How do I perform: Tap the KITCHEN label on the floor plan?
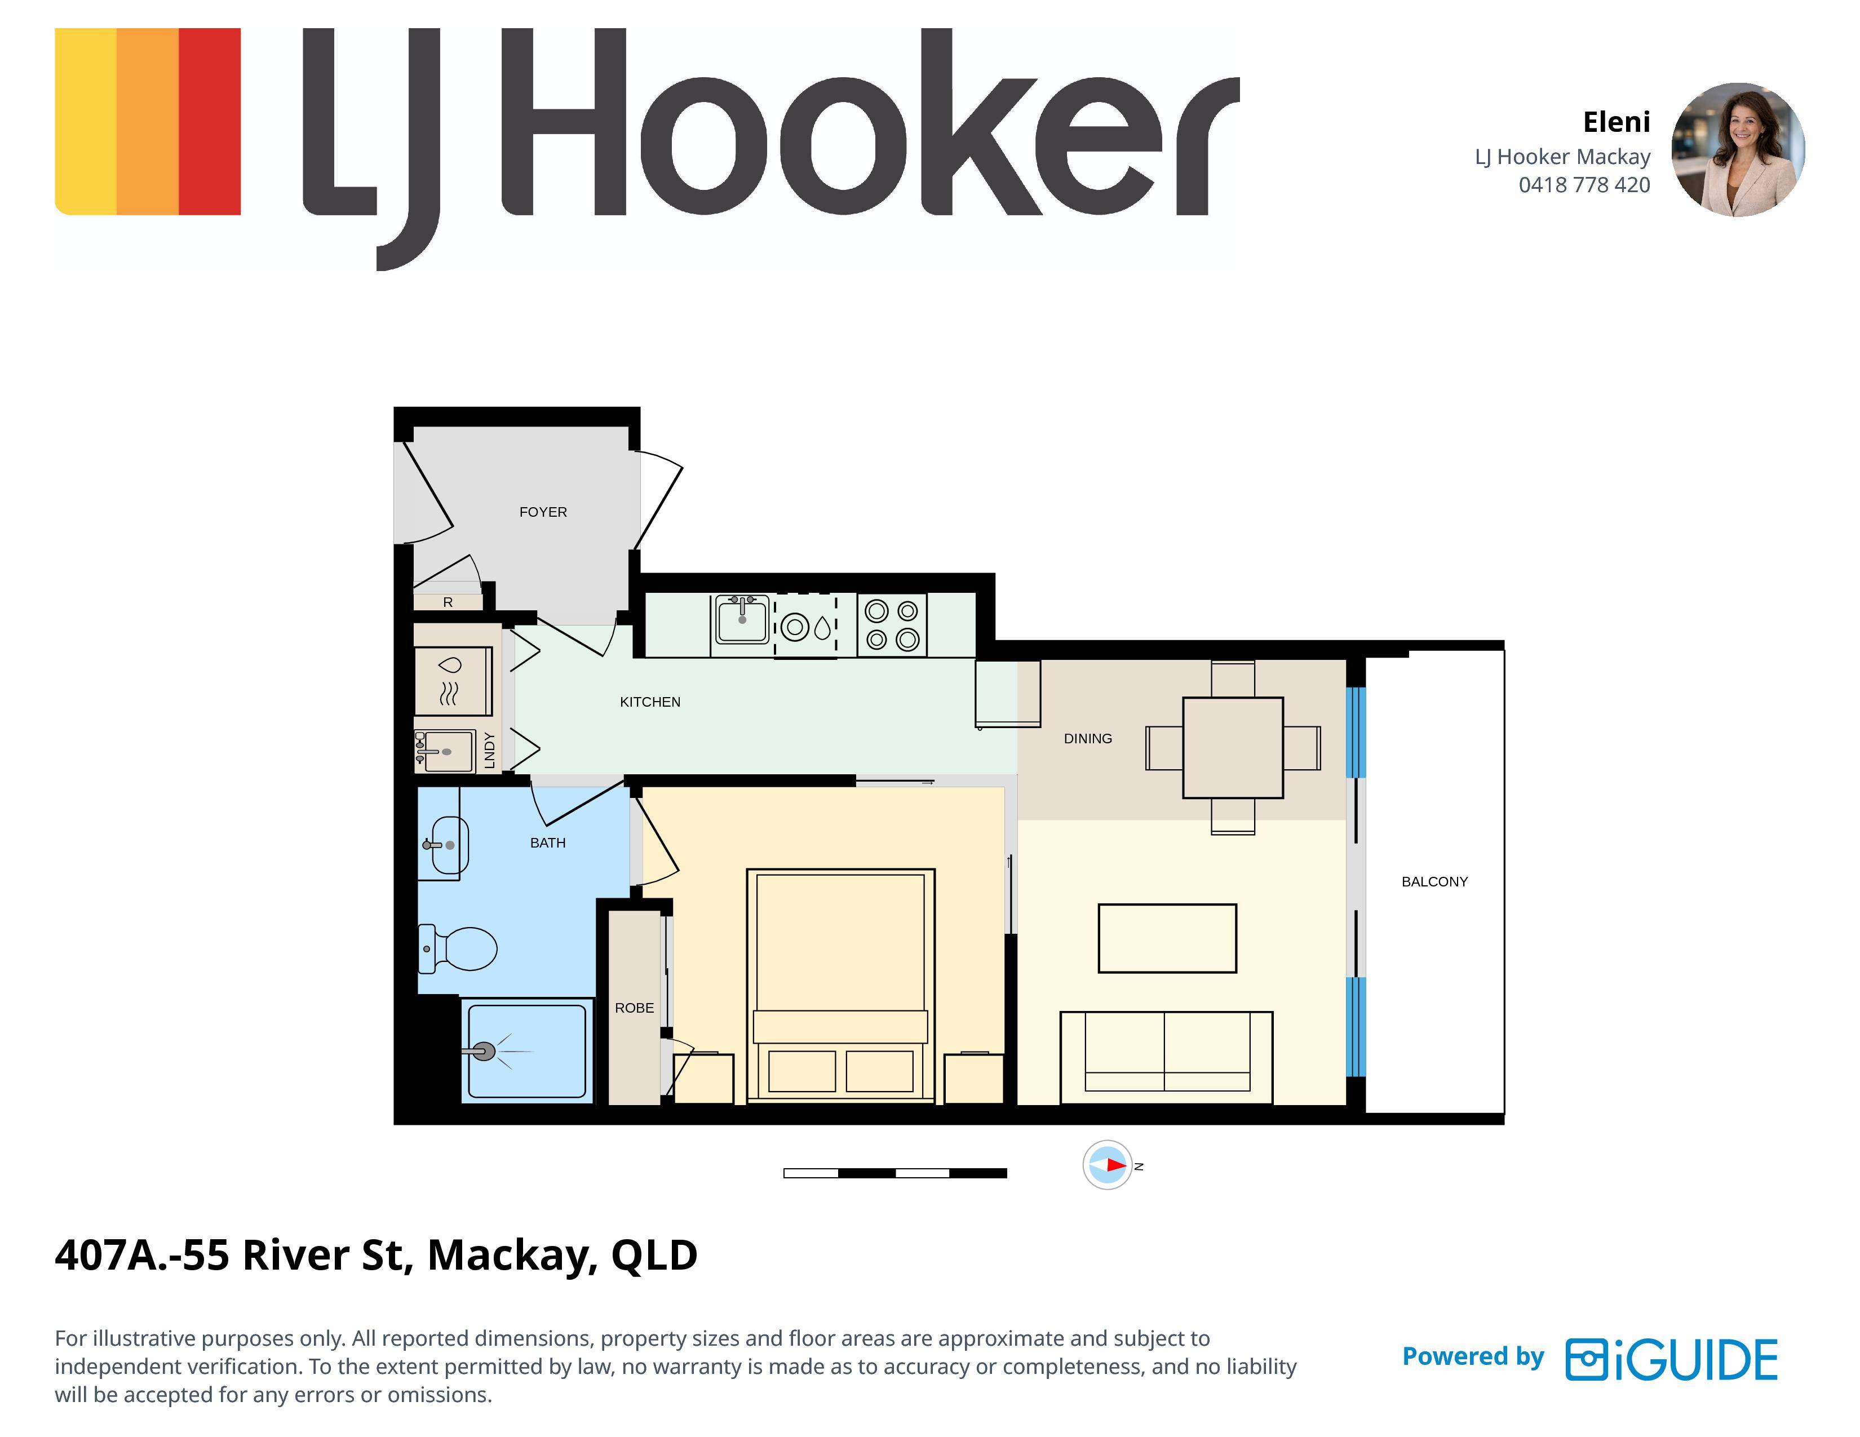(x=650, y=702)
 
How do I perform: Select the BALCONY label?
(x=1434, y=881)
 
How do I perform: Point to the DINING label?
(x=1088, y=738)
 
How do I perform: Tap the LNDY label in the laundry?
(x=489, y=750)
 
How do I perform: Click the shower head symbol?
(x=484, y=1052)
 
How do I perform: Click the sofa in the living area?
(x=1166, y=1057)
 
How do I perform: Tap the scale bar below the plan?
(x=895, y=1173)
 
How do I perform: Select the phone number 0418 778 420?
(x=1584, y=185)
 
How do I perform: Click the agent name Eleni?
(x=1617, y=123)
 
